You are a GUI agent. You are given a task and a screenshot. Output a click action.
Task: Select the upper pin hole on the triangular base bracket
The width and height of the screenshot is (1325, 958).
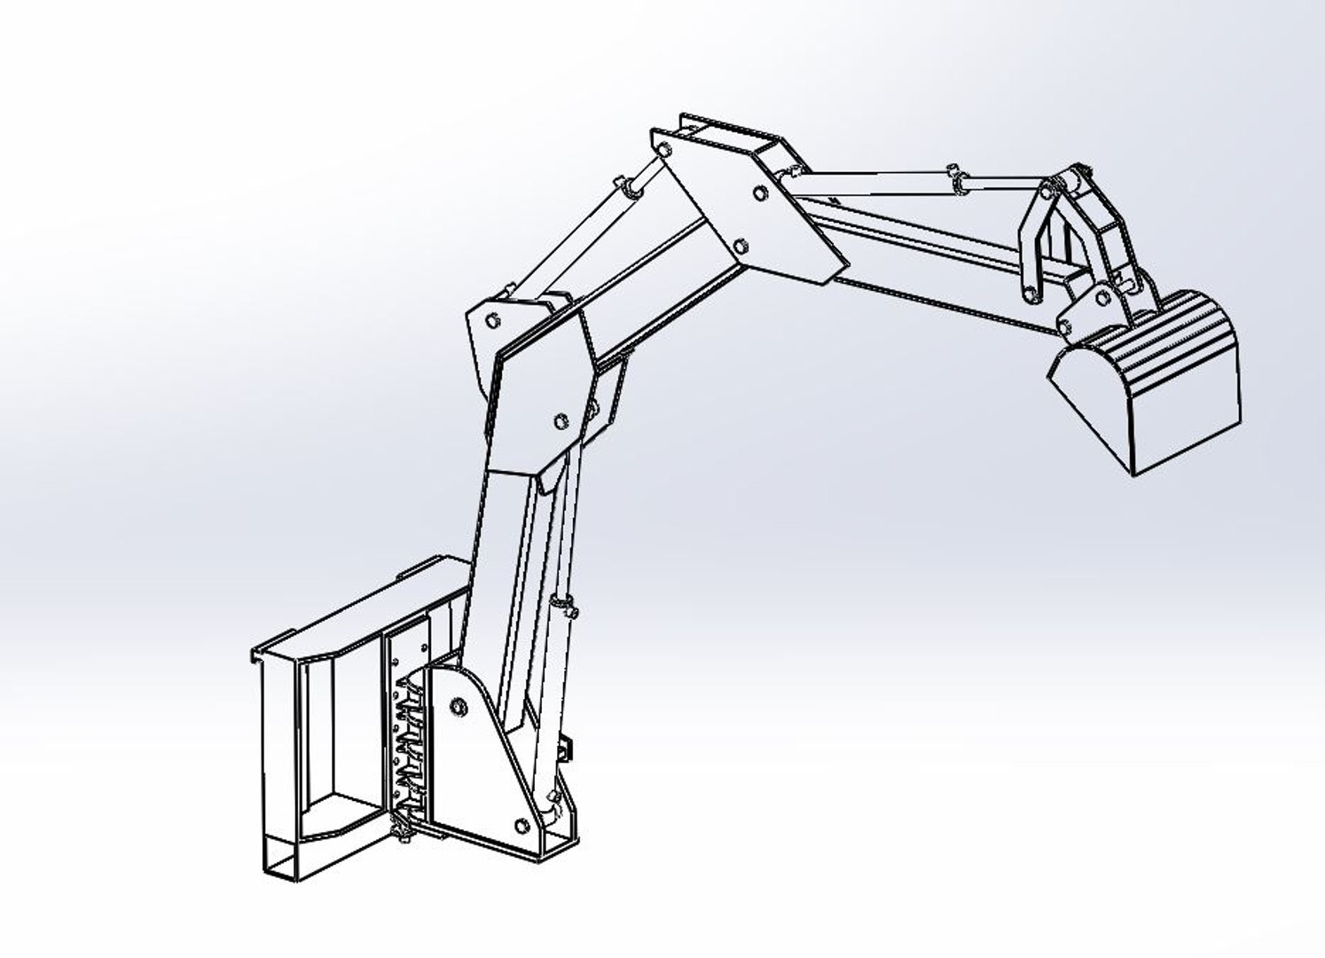coord(458,706)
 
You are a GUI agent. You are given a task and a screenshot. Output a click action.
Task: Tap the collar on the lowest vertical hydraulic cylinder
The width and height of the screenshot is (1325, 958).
coord(561,605)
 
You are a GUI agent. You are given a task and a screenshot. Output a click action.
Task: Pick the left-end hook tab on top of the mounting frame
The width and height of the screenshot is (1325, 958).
coord(258,655)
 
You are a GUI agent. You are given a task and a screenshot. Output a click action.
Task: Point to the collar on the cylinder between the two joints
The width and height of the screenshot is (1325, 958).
coord(631,188)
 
